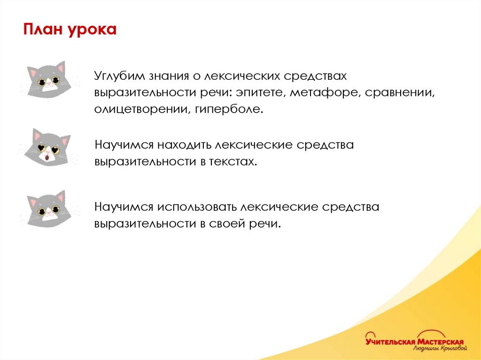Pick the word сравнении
400,93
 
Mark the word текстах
233,161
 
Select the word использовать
197,207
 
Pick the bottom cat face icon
47,209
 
